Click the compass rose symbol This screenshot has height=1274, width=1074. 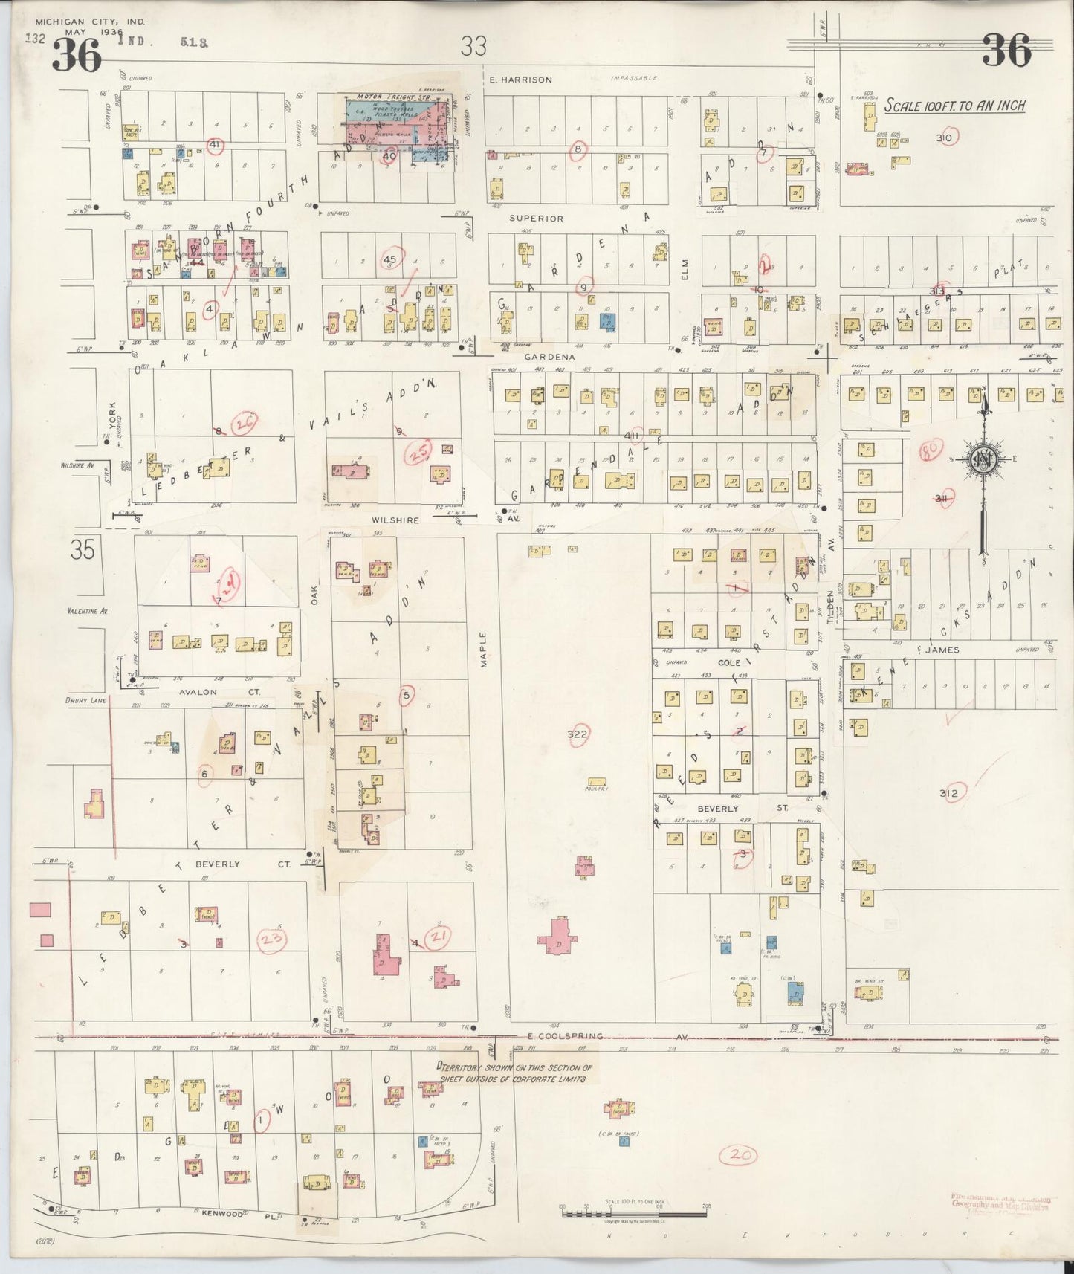pyautogui.click(x=983, y=460)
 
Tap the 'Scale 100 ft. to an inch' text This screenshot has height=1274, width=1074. pyautogui.click(x=954, y=106)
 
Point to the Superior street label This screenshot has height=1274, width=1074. pyautogui.click(x=536, y=219)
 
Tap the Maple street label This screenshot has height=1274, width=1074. pyautogui.click(x=482, y=649)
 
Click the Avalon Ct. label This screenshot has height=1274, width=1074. pyautogui.click(x=197, y=691)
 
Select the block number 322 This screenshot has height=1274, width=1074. pyautogui.click(x=578, y=734)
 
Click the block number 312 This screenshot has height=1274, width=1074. pyautogui.click(x=948, y=793)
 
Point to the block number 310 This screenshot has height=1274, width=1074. pyautogui.click(x=945, y=138)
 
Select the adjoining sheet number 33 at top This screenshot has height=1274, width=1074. pyautogui.click(x=473, y=46)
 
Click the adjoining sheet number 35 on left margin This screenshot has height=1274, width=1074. pyautogui.click(x=83, y=551)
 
